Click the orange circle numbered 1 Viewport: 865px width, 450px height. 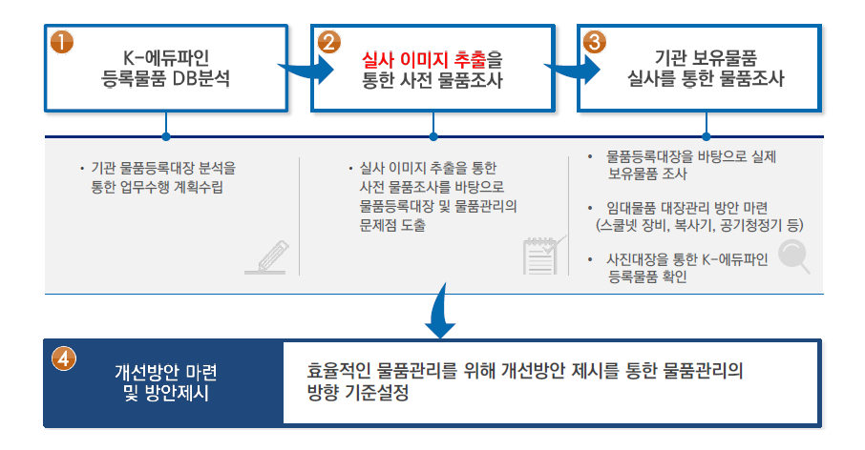point(62,42)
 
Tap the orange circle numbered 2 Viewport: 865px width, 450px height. point(328,42)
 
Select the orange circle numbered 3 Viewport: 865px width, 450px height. point(595,42)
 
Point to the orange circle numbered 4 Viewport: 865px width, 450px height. point(63,358)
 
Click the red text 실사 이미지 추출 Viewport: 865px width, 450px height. point(424,59)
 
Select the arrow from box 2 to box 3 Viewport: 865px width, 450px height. point(573,70)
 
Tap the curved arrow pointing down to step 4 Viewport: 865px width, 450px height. point(441,312)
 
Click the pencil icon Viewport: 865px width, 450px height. point(267,257)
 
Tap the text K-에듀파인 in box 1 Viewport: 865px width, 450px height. point(165,58)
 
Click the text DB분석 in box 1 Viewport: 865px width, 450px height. point(200,78)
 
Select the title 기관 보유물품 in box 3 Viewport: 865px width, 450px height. point(706,58)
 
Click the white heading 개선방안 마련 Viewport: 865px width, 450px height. point(166,373)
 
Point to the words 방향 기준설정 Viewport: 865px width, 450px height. point(357,393)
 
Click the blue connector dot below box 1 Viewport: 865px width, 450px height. point(166,136)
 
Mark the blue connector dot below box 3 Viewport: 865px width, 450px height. point(707,136)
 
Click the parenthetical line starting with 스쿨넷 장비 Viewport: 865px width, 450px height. point(700,225)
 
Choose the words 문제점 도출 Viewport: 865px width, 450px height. point(392,225)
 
